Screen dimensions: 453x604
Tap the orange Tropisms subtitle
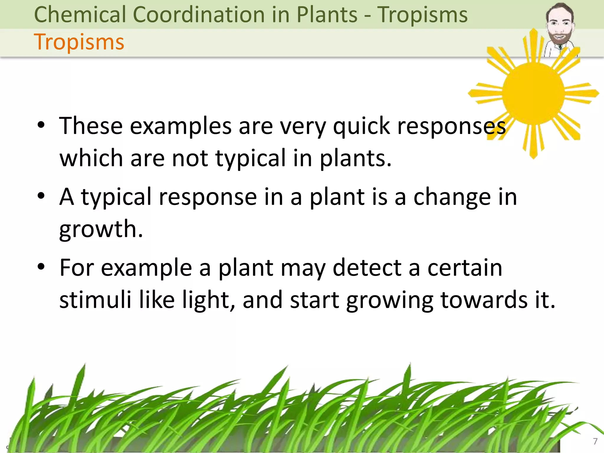[79, 42]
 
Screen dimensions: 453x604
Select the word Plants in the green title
[327, 14]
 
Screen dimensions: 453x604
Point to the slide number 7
[595, 441]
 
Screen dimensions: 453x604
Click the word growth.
[101, 229]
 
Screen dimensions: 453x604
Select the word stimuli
[95, 300]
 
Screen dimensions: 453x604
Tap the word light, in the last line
[208, 300]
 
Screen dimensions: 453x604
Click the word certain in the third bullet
[465, 268]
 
